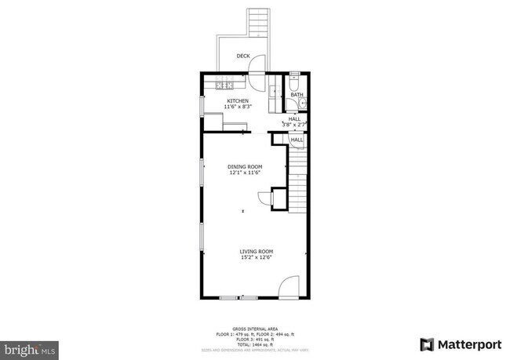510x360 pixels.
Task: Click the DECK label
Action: coord(244,56)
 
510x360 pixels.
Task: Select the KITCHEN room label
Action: coord(238,101)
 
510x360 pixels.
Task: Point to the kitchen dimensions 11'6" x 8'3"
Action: coord(238,107)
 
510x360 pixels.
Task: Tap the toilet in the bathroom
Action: coord(294,81)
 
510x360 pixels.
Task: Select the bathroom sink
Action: coord(302,104)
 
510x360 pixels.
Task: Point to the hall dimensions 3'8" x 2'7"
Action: coord(294,124)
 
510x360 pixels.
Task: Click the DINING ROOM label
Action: coord(245,167)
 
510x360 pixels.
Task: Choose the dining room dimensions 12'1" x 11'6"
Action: coord(245,173)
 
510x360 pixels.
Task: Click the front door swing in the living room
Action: coord(290,286)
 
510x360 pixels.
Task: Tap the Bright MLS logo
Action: coord(30,346)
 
